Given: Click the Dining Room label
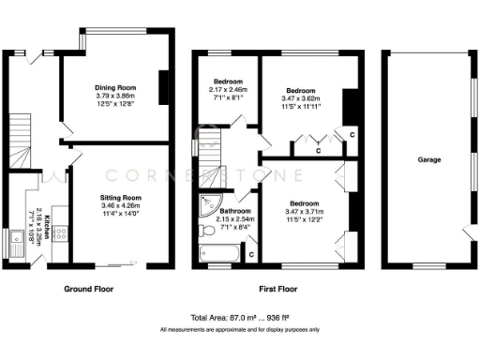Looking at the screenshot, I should (x=115, y=87).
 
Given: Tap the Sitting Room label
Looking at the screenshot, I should (x=121, y=198).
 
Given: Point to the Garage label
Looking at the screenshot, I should (x=429, y=159).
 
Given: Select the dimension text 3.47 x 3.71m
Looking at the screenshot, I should (x=304, y=212).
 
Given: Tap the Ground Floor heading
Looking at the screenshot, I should (x=89, y=289).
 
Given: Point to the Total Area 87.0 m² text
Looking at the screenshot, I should (x=239, y=318).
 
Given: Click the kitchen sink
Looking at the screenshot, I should (x=18, y=247).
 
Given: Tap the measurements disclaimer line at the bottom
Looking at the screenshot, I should (x=239, y=330).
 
